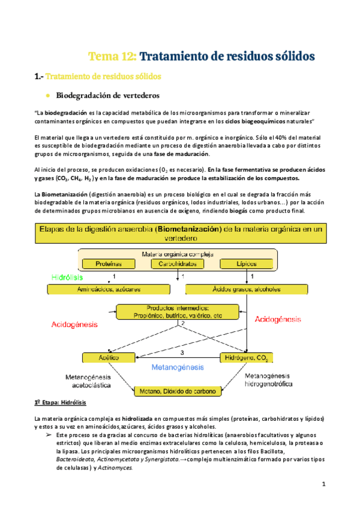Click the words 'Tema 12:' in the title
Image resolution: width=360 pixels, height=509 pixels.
113,56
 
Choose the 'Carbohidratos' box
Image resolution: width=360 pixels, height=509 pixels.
179,264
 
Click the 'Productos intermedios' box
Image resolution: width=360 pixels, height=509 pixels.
181,312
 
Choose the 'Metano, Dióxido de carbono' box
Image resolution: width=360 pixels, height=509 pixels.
178,391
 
